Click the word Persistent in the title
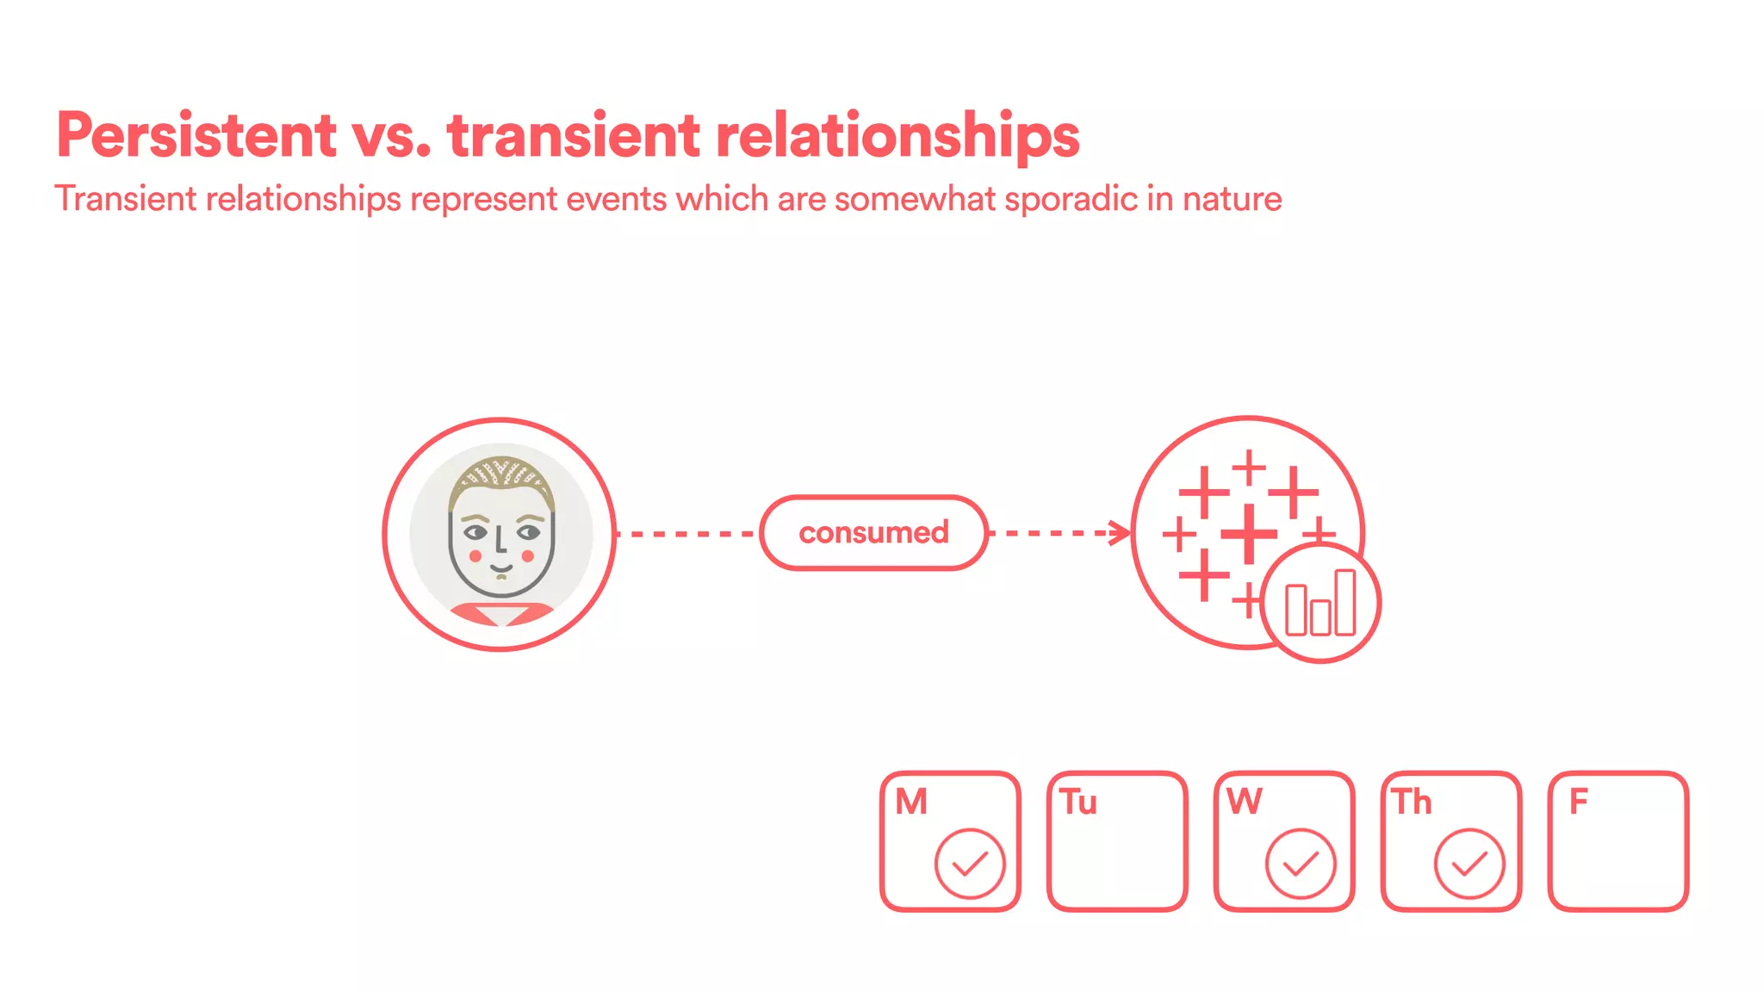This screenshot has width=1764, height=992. (196, 135)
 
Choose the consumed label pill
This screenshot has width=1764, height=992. (873, 533)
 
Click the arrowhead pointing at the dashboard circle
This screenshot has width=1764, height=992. (1121, 533)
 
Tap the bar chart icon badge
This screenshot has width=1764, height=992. (1320, 604)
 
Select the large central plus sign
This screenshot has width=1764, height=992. (1248, 534)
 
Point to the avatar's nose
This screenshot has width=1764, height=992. (499, 542)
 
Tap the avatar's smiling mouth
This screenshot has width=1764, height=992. (501, 568)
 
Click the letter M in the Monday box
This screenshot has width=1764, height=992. (911, 802)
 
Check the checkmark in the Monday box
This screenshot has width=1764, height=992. (970, 864)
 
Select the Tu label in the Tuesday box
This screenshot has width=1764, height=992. (1078, 802)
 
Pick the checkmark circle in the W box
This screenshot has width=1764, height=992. (1301, 864)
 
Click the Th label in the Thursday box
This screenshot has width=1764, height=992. (1413, 802)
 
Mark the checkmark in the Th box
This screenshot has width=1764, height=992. (1469, 864)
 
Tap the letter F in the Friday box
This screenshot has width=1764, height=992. (1578, 802)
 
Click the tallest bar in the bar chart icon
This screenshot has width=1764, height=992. (1345, 602)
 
